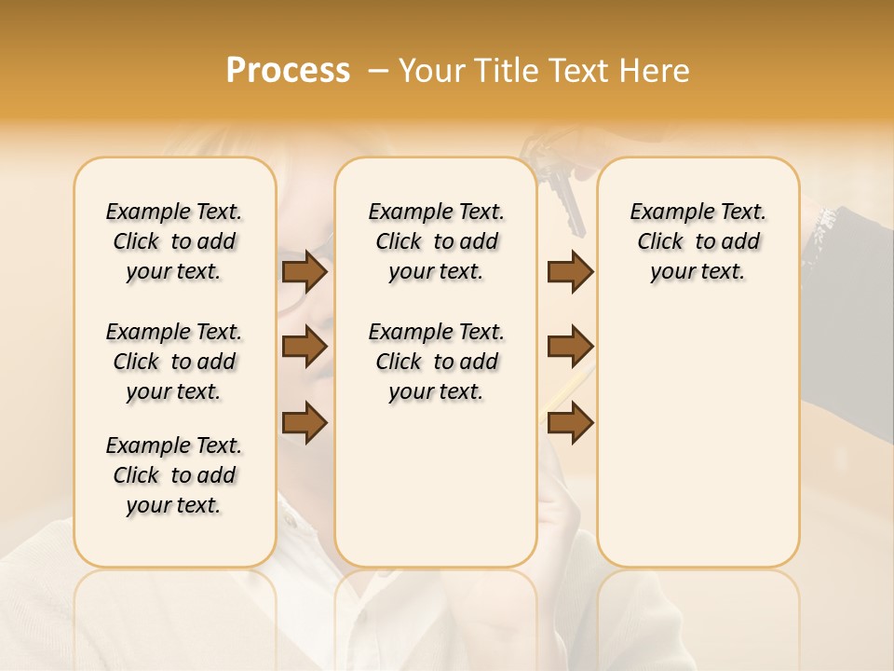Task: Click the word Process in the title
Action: point(288,71)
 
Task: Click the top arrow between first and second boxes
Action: point(305,271)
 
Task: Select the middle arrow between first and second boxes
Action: point(305,347)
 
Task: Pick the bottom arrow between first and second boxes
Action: point(305,422)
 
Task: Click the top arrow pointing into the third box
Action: point(570,271)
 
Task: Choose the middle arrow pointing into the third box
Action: point(570,347)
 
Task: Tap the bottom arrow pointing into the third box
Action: point(570,422)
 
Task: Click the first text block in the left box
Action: point(174,241)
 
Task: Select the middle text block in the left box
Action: point(174,362)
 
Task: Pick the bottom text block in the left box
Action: point(174,475)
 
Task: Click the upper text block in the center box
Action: point(436,241)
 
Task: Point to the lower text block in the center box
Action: point(436,362)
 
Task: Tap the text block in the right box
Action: point(698,241)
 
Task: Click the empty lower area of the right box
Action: point(698,438)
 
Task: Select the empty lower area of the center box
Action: point(436,485)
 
